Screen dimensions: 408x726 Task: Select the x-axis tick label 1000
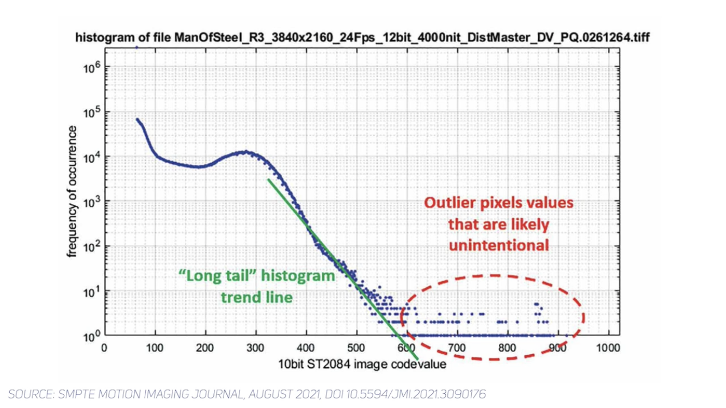(x=608, y=348)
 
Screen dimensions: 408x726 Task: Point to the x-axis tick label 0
(x=104, y=348)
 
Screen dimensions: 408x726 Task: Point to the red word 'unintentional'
(x=499, y=245)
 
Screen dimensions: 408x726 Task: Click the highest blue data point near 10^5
(x=138, y=119)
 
